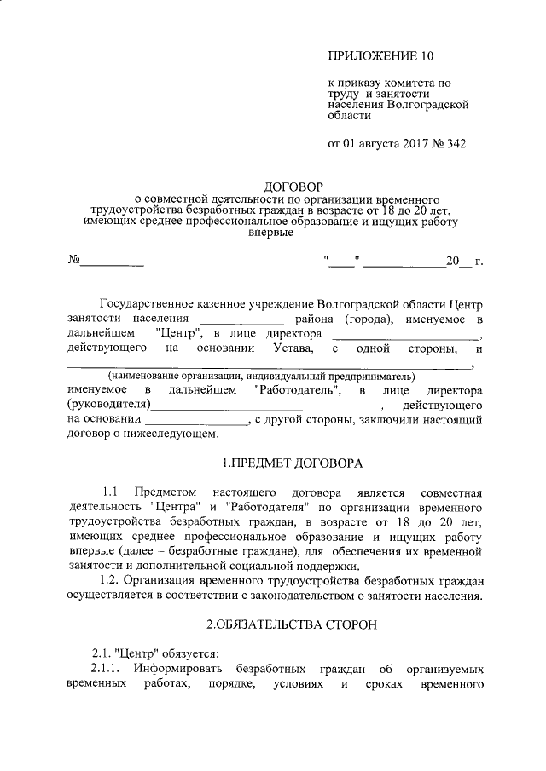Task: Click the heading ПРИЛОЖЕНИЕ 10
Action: click(380, 57)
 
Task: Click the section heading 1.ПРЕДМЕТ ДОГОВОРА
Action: click(292, 463)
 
